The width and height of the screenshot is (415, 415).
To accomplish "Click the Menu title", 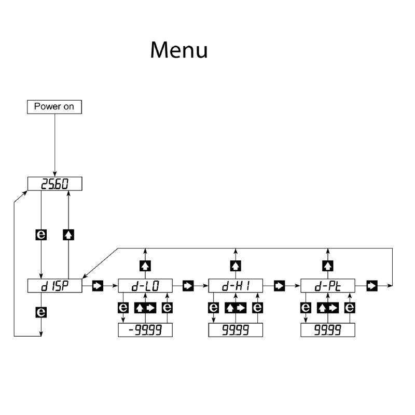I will click(179, 50).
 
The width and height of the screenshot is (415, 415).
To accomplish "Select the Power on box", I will click(54, 107).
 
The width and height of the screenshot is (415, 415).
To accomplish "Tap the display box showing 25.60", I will click(54, 184).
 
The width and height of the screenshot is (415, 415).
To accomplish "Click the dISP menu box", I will click(54, 285).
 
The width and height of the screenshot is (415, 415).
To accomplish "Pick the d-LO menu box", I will click(145, 285).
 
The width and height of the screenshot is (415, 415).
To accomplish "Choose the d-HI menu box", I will click(236, 285).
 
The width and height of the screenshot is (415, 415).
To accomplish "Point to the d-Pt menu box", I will click(328, 285).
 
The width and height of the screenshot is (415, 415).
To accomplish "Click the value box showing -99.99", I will click(145, 330).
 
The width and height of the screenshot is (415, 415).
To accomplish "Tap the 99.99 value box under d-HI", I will click(236, 330).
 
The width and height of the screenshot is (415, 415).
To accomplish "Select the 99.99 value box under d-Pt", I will click(328, 330).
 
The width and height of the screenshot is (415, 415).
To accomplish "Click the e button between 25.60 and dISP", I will click(41, 234).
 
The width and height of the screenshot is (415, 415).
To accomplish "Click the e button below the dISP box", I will click(41, 312).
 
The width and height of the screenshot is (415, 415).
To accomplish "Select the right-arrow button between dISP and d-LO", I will click(98, 285).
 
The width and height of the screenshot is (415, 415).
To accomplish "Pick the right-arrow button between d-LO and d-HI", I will click(188, 285).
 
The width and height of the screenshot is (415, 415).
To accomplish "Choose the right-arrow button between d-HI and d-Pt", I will click(280, 285).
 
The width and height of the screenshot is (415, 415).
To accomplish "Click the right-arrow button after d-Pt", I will click(371, 285).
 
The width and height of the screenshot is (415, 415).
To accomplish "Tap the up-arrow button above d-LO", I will click(145, 266).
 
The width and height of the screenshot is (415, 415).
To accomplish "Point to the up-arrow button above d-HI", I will click(236, 266).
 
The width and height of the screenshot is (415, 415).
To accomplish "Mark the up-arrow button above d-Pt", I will click(328, 266).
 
